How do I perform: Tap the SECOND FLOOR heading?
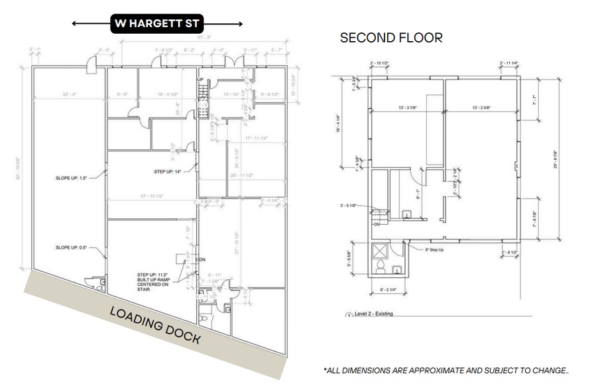coord(390,38)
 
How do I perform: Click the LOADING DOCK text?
coord(154,325)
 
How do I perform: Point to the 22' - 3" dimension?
coord(70,95)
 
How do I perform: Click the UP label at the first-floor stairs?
coord(200,79)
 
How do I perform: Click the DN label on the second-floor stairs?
coord(375,225)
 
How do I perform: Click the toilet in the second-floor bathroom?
coord(381,267)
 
